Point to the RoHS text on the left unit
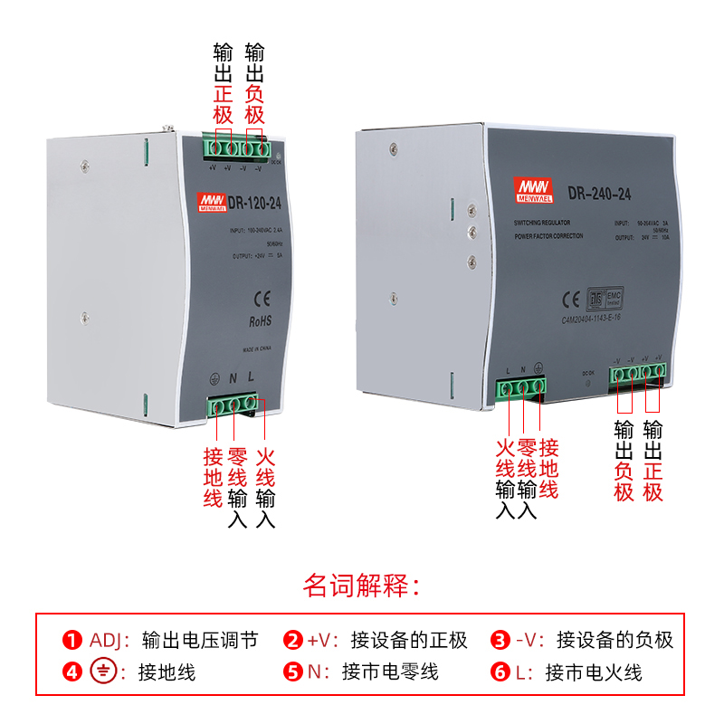(260, 321)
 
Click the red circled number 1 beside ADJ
(71, 641)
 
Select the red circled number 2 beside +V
(292, 641)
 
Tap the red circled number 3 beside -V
(500, 641)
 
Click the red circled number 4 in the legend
(71, 672)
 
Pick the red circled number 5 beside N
(292, 672)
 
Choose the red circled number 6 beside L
(500, 672)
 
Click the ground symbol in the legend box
(104, 672)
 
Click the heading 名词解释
(361, 586)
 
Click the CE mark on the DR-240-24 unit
(571, 300)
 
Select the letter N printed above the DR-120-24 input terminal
(233, 377)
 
